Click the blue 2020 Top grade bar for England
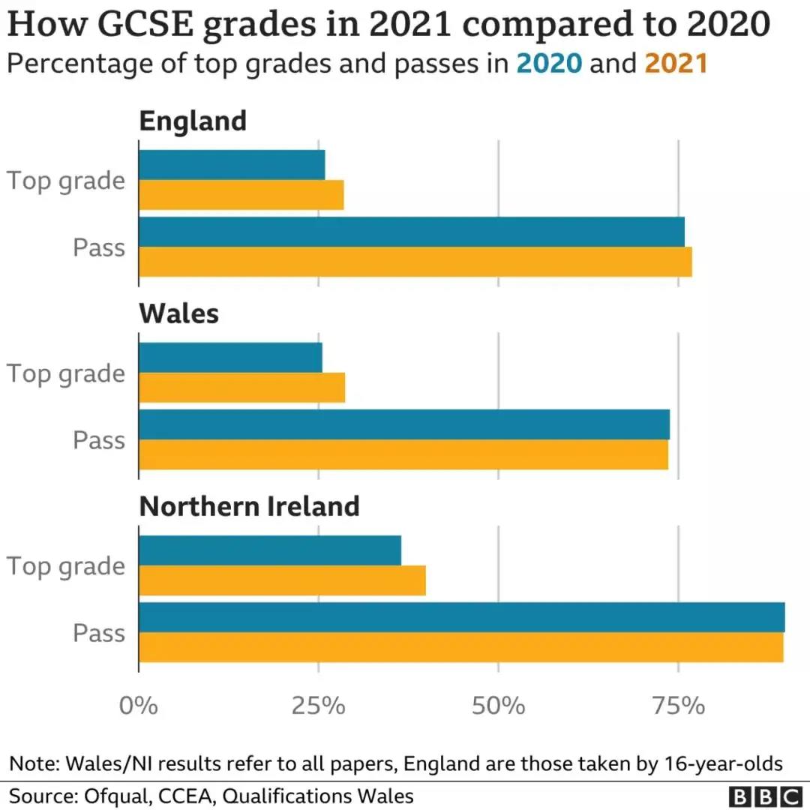tap(232, 165)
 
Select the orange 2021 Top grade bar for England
tap(241, 195)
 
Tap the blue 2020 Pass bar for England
tap(411, 232)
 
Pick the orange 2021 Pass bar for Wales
tap(403, 454)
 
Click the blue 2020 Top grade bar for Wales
tap(230, 358)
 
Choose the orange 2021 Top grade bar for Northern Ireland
tap(282, 580)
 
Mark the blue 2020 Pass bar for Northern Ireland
tap(461, 617)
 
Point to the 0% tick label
tap(139, 706)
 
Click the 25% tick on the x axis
tap(319, 706)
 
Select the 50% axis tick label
tap(499, 706)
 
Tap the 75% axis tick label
tap(679, 706)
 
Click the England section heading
tap(193, 121)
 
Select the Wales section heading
tap(179, 313)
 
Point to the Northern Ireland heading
tap(249, 506)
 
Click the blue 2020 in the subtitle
tap(549, 64)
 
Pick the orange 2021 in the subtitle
tap(676, 64)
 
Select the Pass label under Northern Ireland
tap(99, 633)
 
